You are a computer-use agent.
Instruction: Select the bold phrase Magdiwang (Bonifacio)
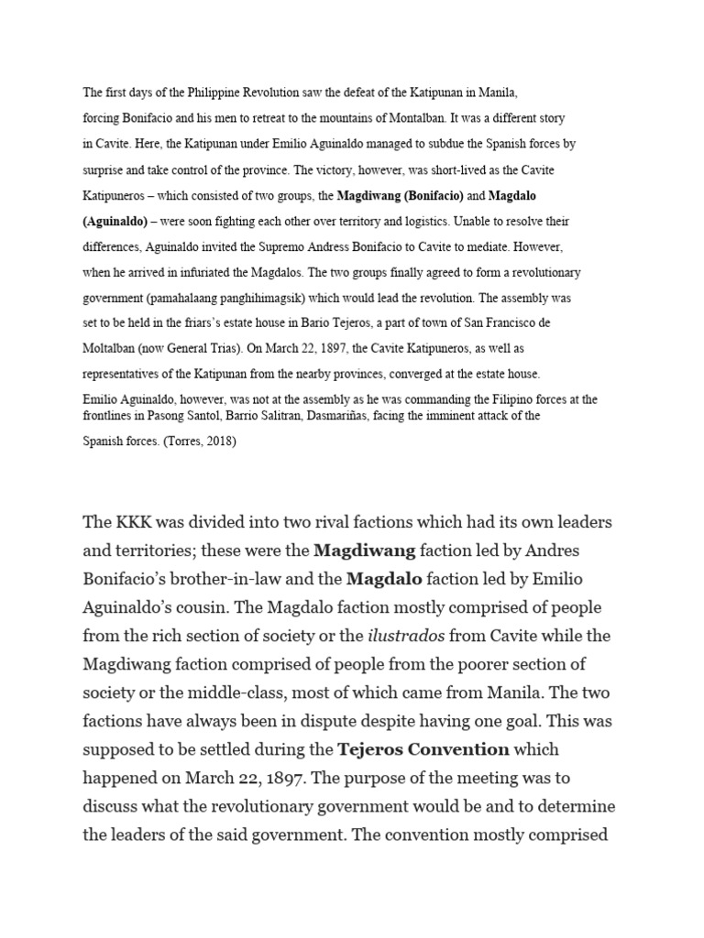tap(401, 195)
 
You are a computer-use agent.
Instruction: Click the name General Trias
tap(214, 349)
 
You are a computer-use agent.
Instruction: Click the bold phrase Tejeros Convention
tap(423, 748)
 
